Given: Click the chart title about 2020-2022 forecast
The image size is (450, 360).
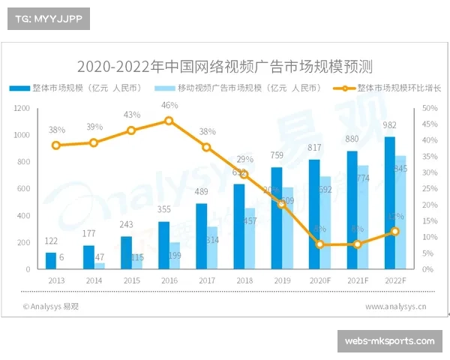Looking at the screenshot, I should [x=225, y=65].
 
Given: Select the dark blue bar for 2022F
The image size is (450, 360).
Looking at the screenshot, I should [x=389, y=202].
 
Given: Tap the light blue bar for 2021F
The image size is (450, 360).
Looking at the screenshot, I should [x=363, y=217].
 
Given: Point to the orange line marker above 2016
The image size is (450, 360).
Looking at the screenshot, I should [x=169, y=121].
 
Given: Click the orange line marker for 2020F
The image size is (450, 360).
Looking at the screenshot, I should [x=320, y=244].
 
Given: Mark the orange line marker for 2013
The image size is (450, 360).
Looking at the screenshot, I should [x=56, y=145].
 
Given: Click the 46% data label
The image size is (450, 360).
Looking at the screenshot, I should [x=169, y=105].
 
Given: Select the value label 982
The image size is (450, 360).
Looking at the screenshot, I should [x=389, y=125].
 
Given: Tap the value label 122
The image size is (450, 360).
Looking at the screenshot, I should [x=51, y=241].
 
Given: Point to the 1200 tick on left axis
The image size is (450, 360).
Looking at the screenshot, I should [x=22, y=109].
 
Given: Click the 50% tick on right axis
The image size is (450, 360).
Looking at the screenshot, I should [x=429, y=109].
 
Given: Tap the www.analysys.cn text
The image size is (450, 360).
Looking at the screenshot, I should [x=396, y=306].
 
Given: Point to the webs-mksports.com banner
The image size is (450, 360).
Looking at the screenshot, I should [x=389, y=341].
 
